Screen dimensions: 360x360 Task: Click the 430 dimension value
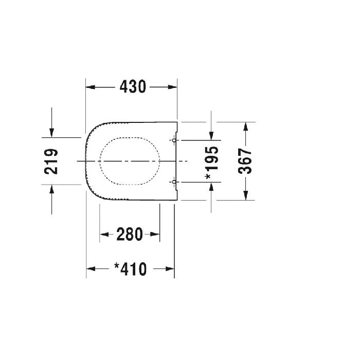[133, 87]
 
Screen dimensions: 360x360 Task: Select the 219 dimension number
[51, 161]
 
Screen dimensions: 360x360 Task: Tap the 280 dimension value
[130, 234]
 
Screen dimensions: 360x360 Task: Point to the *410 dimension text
[130, 269]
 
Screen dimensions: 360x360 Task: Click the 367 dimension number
[245, 161]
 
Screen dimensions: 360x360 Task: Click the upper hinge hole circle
[174, 140]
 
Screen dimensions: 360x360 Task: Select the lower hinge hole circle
[174, 182]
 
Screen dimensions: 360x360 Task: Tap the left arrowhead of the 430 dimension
[90, 87]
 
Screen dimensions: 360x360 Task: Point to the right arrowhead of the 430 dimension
[173, 87]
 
